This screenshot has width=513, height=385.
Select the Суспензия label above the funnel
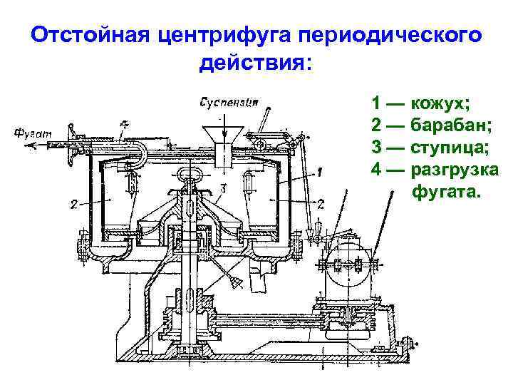click(x=227, y=102)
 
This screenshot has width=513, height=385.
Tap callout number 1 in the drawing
click(x=320, y=171)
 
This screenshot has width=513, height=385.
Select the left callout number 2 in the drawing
click(x=74, y=205)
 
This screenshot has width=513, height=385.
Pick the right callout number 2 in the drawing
click(x=321, y=204)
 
